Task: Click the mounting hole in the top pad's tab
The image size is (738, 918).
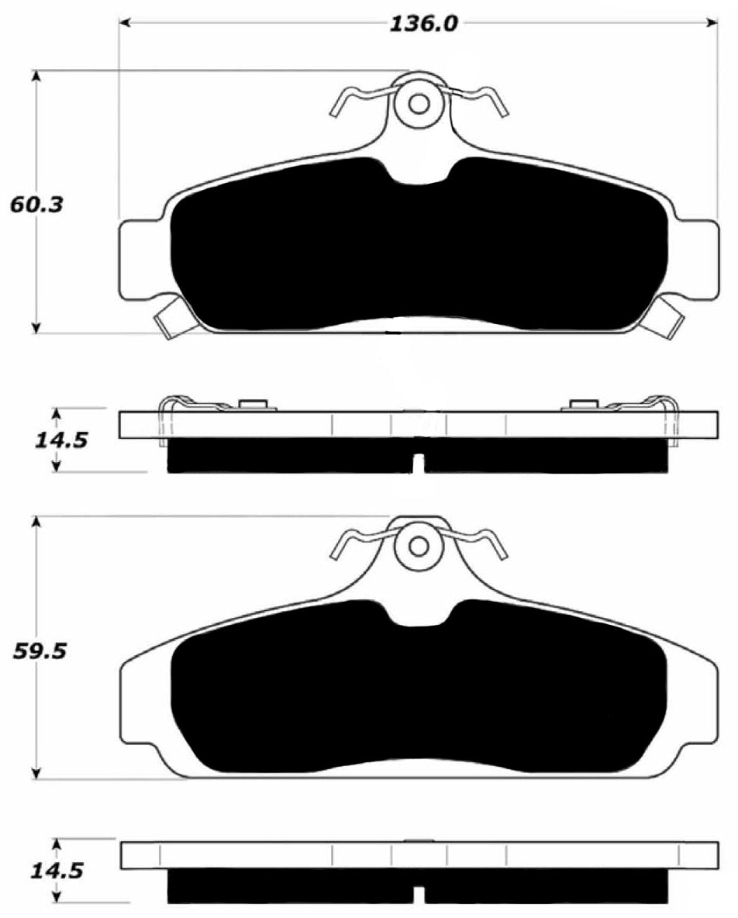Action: click(x=419, y=103)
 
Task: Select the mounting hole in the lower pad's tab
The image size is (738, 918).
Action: click(x=419, y=546)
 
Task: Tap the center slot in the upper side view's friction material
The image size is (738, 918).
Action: click(x=419, y=463)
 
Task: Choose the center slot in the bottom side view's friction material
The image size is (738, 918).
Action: click(x=419, y=895)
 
